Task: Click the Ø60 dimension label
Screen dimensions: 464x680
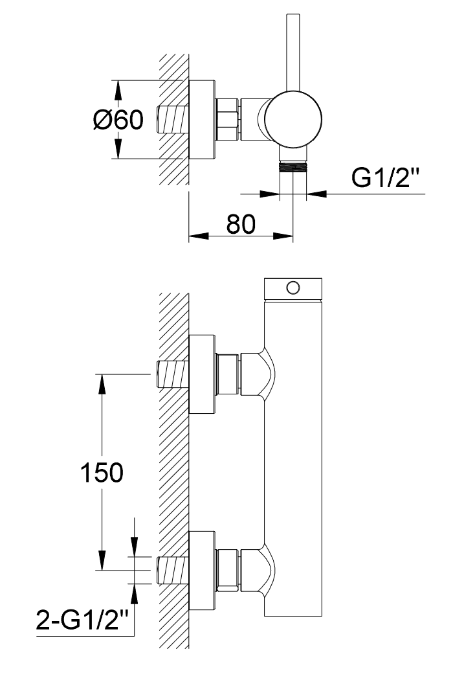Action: [x=118, y=119]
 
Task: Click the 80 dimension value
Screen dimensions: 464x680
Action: [x=241, y=224]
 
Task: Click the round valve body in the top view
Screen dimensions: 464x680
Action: [x=293, y=119]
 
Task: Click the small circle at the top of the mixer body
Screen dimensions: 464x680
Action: [x=293, y=287]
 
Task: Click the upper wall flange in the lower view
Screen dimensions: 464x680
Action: [x=203, y=374]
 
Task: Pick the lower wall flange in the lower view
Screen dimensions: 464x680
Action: [x=203, y=570]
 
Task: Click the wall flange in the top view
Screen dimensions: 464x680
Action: [x=203, y=119]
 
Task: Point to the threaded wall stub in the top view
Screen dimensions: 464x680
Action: [x=172, y=119]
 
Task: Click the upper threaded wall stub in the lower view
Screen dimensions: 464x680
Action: [x=172, y=374]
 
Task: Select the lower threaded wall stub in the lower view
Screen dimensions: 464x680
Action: [x=172, y=570]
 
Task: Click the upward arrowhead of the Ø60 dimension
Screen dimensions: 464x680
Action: [x=118, y=90]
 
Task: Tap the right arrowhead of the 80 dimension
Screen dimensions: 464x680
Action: [x=283, y=236]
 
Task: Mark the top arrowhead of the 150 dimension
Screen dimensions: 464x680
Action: [x=102, y=384]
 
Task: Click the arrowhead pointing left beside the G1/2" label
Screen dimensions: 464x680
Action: [x=316, y=194]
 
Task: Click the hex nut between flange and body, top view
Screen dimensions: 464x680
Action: [x=227, y=119]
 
